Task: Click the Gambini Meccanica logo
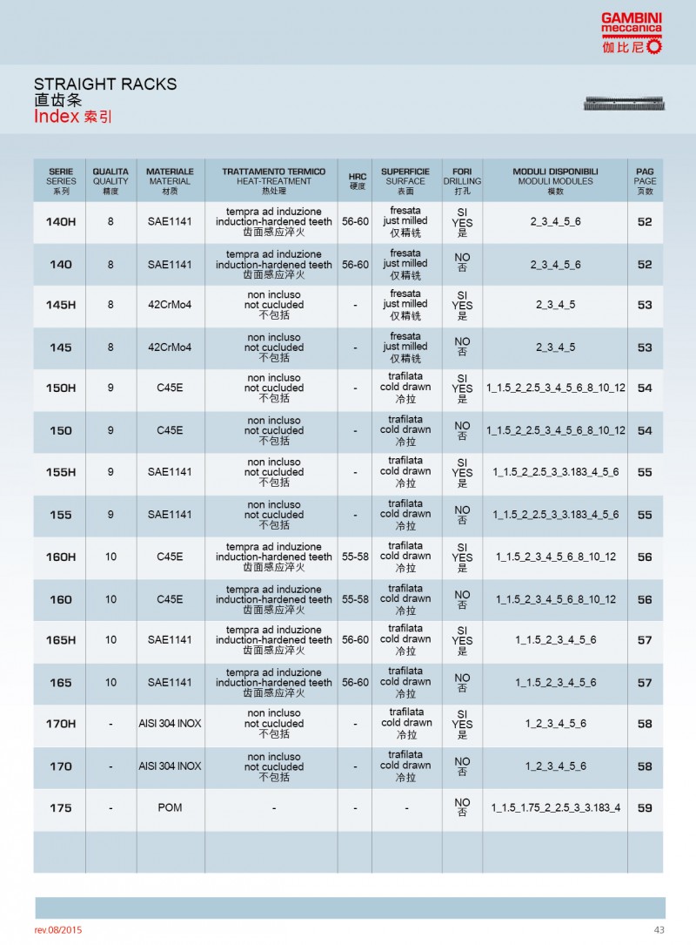631,33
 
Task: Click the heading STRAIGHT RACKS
105,84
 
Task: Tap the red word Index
57,117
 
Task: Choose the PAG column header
645,181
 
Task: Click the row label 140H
60,222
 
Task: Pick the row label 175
60,808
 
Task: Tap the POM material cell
170,808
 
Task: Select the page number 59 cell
645,808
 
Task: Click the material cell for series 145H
170,306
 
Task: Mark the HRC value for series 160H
355,557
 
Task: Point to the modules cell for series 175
555,808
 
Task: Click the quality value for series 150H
110,388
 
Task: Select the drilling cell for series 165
462,683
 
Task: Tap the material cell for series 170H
170,724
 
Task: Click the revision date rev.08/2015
58,930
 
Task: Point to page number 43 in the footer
659,930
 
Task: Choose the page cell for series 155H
645,472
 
